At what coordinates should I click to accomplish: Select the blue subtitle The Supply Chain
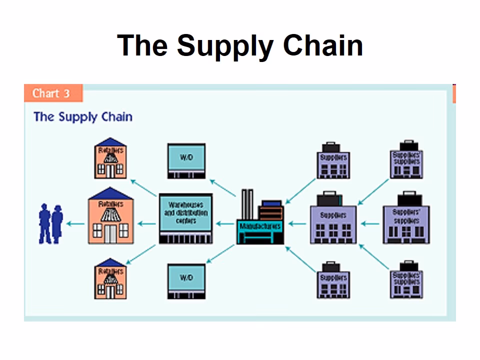coord(83,117)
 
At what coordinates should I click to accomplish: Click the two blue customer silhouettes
coord(50,224)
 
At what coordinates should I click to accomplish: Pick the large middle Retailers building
coord(110,216)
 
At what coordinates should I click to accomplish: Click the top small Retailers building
coord(110,158)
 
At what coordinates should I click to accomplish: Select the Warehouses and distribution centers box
coord(185,218)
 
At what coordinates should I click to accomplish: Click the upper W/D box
coord(186,160)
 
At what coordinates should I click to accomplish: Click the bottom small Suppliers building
coord(333,280)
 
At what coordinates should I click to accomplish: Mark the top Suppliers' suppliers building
coord(406,158)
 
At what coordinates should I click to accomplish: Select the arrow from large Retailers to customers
coord(75,224)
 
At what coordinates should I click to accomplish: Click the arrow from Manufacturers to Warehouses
coord(225,224)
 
